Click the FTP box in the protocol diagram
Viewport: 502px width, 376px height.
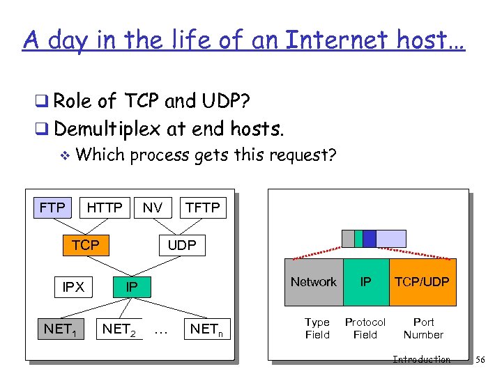click(53, 207)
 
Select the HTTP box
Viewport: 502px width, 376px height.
click(105, 207)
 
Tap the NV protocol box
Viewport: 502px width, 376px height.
click(153, 207)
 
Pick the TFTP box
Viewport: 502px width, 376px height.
click(202, 207)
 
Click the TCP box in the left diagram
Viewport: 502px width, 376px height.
click(86, 244)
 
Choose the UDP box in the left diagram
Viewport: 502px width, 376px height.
click(182, 244)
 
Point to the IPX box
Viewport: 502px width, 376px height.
click(73, 286)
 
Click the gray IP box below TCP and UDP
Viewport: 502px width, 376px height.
click(131, 286)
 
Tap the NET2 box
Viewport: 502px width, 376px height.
click(120, 328)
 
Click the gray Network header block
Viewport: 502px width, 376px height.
click(313, 282)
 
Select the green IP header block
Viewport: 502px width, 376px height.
click(365, 282)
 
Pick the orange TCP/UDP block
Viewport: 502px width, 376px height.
click(423, 282)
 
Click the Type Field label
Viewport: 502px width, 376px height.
click(317, 328)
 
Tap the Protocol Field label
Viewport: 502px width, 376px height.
click(365, 328)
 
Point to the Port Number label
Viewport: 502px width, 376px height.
click(423, 328)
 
